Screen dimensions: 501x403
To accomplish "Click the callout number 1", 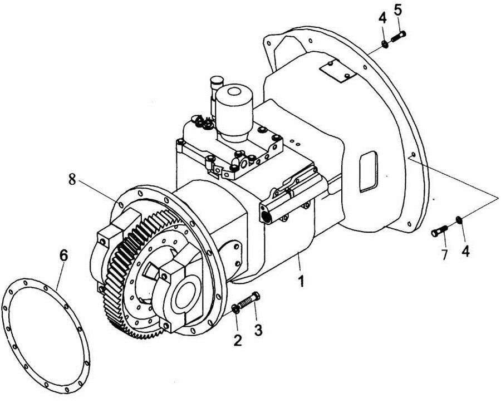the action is tap(301, 281).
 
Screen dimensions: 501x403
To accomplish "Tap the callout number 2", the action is tap(237, 340).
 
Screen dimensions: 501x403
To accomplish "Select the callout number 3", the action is tap(258, 330).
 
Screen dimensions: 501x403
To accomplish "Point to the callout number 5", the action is tap(398, 10).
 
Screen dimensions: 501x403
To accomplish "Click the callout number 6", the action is tap(64, 255).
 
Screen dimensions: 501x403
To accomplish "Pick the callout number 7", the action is tap(444, 255).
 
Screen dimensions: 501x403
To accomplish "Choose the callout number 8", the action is tap(72, 179).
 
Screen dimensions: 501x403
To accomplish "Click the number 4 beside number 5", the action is tap(382, 18).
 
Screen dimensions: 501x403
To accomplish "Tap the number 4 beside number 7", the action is tap(465, 251).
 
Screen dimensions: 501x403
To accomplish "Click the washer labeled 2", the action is tap(235, 309).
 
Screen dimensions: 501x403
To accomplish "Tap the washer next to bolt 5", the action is tap(385, 44).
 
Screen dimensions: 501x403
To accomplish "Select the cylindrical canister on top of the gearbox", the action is tap(234, 110).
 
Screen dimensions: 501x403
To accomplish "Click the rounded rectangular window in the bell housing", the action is tap(369, 171).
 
